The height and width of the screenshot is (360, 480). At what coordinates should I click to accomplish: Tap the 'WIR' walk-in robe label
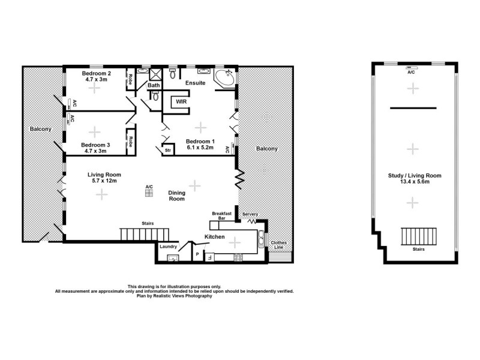181,103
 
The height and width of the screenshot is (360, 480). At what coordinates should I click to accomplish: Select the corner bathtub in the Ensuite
226,79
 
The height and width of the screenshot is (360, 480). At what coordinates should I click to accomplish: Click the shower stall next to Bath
156,74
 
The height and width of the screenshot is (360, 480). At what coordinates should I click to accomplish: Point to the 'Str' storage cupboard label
168,150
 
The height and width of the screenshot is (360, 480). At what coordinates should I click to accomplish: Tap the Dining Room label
176,196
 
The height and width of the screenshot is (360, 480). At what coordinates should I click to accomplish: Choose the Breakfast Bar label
221,216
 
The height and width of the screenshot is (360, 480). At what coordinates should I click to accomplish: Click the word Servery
250,214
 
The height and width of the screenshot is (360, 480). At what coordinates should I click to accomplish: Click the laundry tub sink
172,259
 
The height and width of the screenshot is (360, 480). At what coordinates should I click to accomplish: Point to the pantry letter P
197,255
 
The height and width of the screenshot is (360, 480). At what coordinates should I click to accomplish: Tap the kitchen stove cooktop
237,259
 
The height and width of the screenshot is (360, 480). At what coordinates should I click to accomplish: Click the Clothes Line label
279,245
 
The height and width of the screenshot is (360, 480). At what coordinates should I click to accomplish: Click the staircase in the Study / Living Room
412,235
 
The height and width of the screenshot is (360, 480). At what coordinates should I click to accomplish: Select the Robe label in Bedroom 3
130,142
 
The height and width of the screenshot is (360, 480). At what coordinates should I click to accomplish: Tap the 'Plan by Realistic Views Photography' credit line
174,296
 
